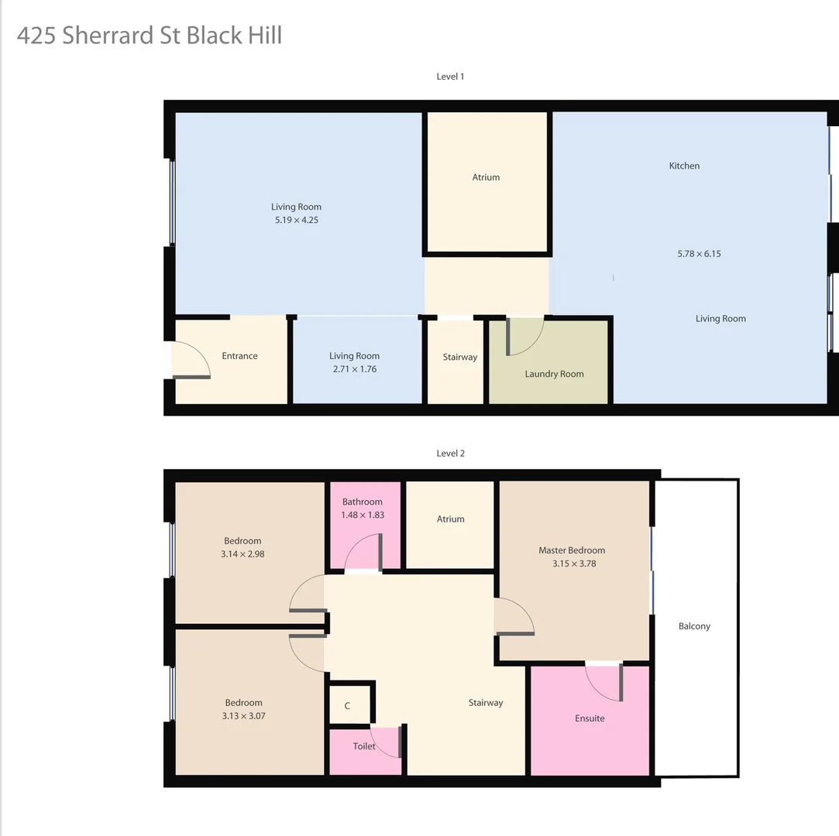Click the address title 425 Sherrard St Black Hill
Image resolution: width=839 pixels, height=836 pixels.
coord(149,36)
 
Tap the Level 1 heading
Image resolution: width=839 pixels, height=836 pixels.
coord(450,77)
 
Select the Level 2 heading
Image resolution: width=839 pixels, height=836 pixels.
coord(450,454)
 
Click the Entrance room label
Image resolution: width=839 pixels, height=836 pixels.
coord(239,356)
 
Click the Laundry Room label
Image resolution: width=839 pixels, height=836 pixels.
coord(554,374)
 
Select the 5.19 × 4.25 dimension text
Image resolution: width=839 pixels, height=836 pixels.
coord(296,220)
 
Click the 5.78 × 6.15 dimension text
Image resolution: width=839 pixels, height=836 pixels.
coord(699,254)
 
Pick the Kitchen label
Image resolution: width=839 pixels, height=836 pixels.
coord(684,166)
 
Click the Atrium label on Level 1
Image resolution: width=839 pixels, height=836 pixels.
coord(486,177)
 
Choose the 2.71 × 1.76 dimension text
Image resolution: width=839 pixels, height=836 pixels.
coord(354,369)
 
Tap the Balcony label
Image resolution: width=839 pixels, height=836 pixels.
coord(694,626)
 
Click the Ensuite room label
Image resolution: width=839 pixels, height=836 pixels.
coord(590,718)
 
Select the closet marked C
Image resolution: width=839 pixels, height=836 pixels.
coord(348,705)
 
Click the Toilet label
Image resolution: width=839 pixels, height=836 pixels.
coord(364,746)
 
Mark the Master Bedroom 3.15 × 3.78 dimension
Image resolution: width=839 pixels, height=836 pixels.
coord(574,564)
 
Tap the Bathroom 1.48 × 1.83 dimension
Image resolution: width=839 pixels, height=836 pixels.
coord(363,515)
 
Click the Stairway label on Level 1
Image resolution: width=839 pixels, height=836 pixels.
coord(459,358)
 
